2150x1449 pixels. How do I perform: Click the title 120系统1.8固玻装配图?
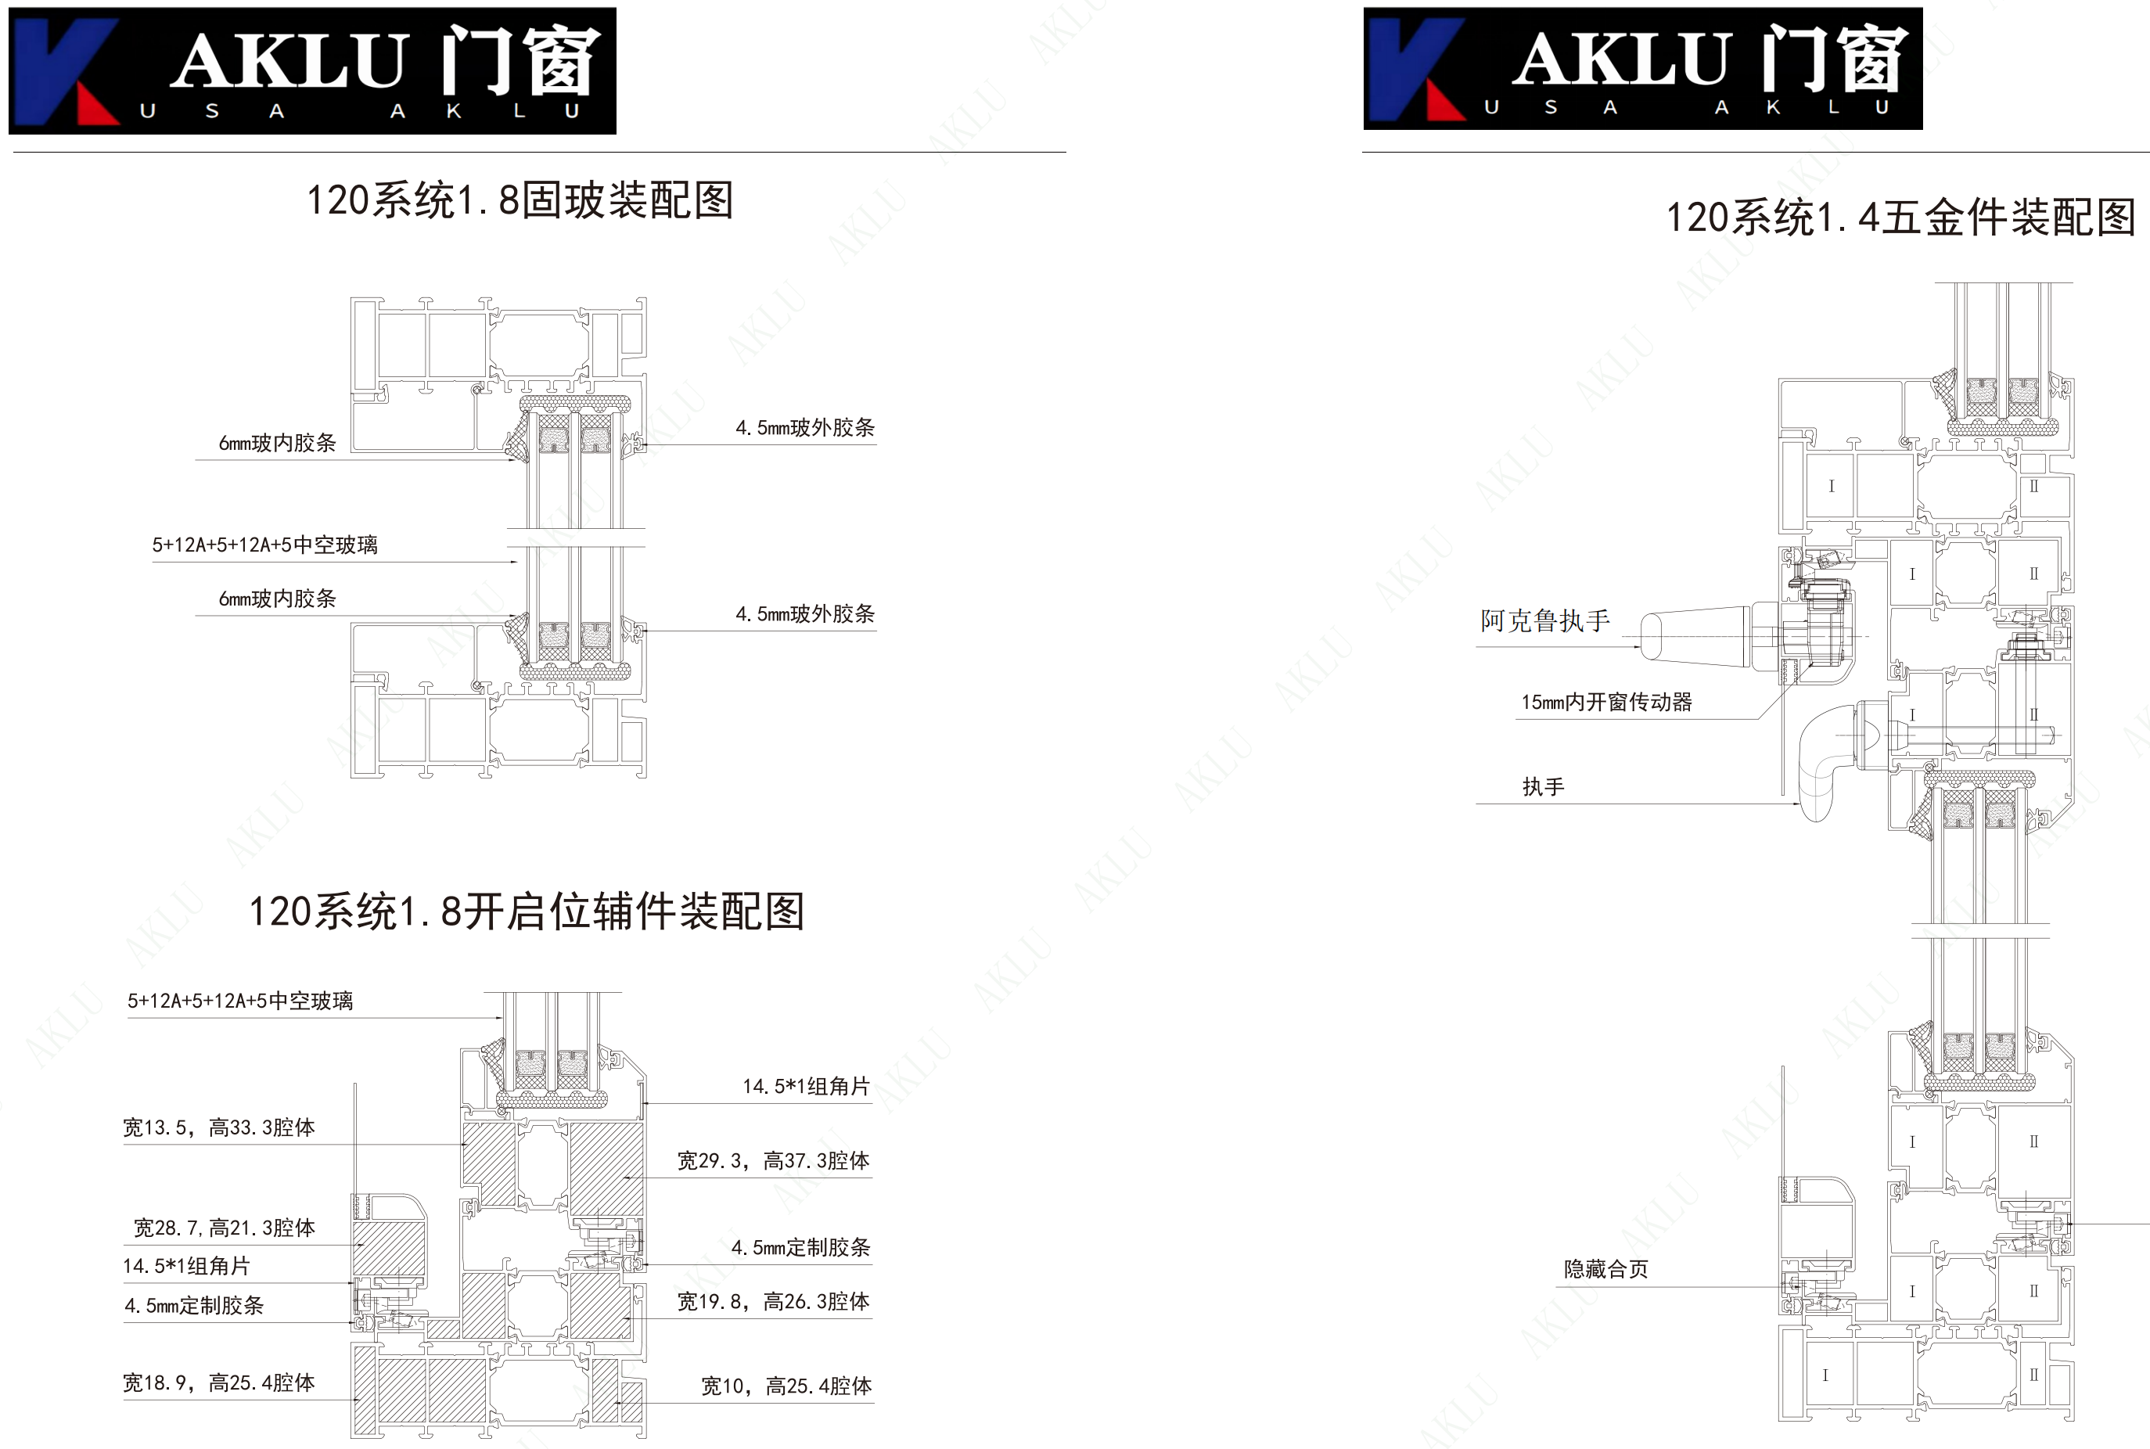click(520, 200)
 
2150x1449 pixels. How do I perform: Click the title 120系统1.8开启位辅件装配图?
click(527, 911)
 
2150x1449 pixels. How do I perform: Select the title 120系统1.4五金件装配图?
click(1900, 218)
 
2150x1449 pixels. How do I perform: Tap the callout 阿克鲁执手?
click(1544, 620)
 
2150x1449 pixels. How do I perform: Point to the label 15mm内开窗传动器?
click(1607, 703)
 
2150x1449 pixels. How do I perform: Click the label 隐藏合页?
click(1605, 1269)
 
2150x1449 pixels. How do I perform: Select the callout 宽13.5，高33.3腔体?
click(219, 1127)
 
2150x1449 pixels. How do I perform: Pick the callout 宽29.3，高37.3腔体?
click(773, 1160)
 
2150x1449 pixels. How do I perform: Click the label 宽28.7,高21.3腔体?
click(225, 1228)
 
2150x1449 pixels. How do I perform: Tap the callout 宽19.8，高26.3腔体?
click(773, 1301)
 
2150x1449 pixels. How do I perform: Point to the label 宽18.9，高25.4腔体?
click(219, 1382)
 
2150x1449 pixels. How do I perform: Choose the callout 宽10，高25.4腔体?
click(786, 1386)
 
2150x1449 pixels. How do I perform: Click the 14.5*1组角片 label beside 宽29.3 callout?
click(807, 1086)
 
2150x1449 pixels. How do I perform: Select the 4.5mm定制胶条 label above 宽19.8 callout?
click(801, 1248)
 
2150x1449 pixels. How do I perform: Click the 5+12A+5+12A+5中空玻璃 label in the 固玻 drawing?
click(265, 545)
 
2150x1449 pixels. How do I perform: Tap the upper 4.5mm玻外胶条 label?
click(806, 427)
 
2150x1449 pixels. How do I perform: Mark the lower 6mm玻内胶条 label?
click(277, 599)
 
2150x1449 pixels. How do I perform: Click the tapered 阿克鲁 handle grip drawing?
click(1696, 636)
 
